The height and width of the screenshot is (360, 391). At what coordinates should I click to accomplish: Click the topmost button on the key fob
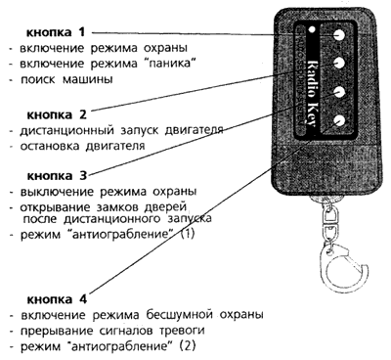(337, 33)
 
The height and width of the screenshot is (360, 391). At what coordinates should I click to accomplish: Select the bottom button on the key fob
(337, 121)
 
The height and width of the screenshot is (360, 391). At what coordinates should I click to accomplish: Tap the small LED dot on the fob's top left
(311, 29)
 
